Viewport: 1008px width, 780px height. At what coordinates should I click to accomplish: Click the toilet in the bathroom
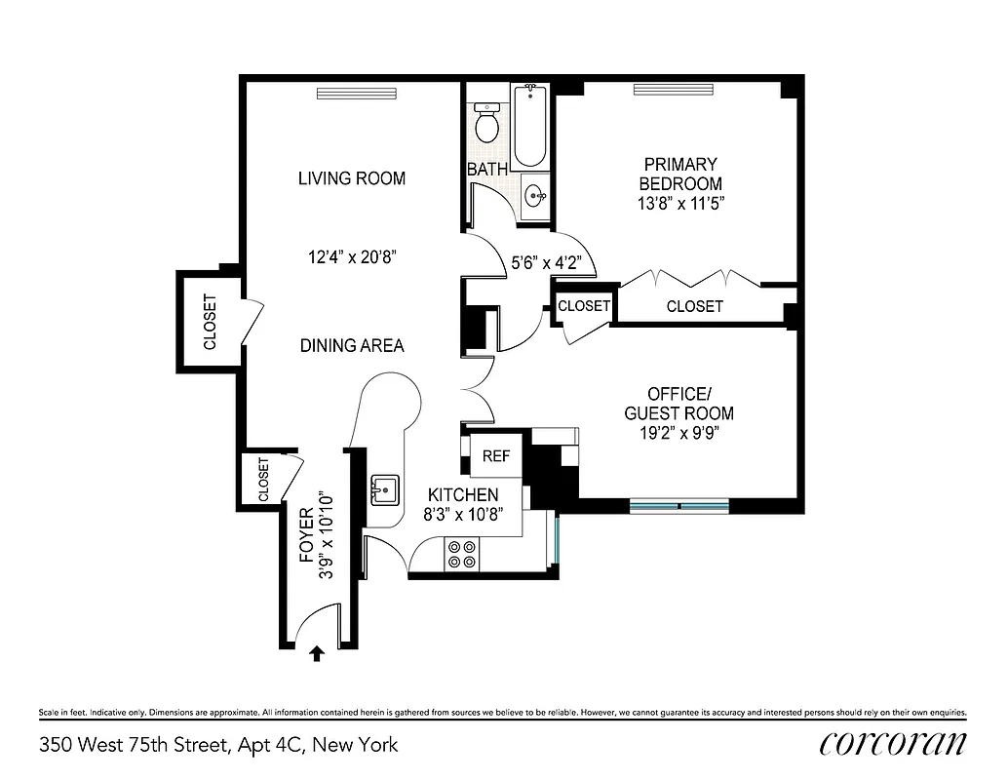coord(486,122)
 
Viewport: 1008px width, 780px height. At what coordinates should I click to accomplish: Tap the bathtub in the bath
coord(531,127)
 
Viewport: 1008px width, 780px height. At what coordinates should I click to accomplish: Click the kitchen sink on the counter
coord(384,489)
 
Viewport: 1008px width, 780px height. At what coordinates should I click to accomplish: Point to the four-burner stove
coord(461,555)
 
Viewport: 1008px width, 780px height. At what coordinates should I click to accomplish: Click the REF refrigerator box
coord(496,455)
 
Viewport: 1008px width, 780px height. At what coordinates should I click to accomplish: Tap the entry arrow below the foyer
coord(316,654)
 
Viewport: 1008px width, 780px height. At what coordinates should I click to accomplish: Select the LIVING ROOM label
coord(352,178)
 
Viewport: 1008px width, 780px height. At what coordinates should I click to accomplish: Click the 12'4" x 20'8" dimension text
coord(352,257)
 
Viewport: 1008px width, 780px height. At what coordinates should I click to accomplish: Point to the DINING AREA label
coord(352,345)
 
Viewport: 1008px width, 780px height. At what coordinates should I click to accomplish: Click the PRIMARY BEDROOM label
coord(680,175)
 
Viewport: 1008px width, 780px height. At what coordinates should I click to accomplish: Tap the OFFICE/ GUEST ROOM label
coord(678,403)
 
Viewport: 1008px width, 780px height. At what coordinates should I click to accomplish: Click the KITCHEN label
coord(463,495)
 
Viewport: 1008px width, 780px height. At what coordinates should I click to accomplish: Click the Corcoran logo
coord(893,743)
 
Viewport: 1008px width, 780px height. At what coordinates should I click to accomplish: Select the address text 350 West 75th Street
coord(218,746)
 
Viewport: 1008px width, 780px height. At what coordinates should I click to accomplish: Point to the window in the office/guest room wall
coord(679,505)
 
